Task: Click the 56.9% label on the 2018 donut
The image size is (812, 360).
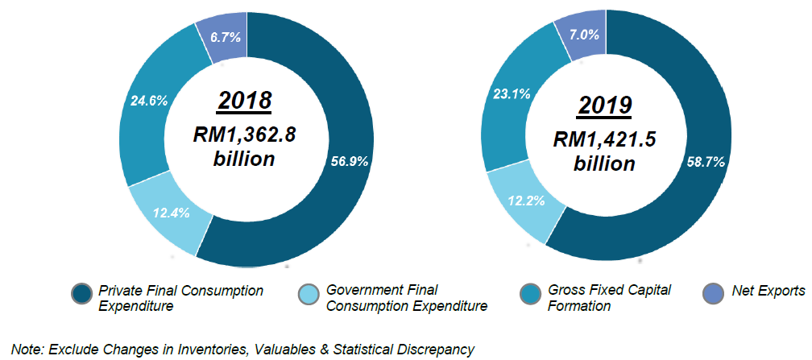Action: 349,160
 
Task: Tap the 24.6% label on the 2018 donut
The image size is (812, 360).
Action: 148,101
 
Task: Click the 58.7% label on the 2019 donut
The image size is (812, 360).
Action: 706,162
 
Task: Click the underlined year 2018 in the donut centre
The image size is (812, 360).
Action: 244,101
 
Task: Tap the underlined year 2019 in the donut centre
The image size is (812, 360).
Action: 604,106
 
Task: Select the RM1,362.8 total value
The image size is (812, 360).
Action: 244,134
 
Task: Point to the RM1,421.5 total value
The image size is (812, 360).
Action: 605,139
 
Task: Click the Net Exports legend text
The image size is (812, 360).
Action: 768,291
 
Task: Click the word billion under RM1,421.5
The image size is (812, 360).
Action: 604,163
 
